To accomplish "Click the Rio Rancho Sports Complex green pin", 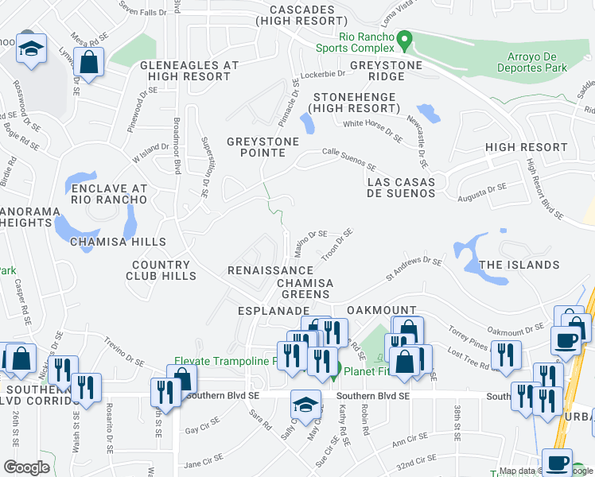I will [x=404, y=39].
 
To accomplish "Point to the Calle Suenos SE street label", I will [x=348, y=154].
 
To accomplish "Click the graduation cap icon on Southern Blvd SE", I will [x=305, y=405].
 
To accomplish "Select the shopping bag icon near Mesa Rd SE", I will [x=89, y=61].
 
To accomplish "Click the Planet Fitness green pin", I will [x=336, y=370].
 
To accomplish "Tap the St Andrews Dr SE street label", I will [x=414, y=268].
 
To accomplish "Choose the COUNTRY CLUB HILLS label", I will [x=161, y=270].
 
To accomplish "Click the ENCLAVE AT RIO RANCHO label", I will [x=109, y=193].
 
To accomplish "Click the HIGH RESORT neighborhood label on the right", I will [x=526, y=147].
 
